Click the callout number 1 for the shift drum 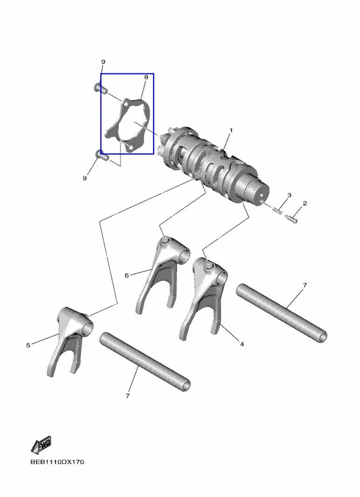[231, 130]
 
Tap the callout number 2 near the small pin [305, 203]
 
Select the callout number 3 [289, 195]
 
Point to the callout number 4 [242, 344]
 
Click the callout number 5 [28, 345]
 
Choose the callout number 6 [127, 275]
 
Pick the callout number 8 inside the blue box [146, 77]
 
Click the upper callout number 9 [103, 62]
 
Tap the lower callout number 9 [85, 178]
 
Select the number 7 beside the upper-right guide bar [305, 285]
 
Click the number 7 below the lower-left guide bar [127, 396]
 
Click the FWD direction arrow [41, 444]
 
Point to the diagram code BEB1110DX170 [57, 462]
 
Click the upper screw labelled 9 [101, 88]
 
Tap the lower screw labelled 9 [102, 155]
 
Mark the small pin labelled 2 [291, 219]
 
